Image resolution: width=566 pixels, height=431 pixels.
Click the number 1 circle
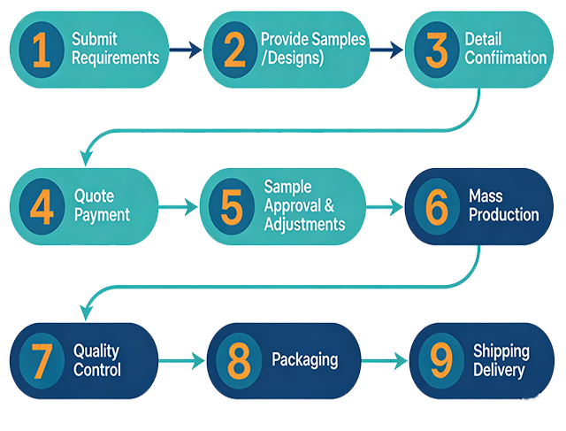click(41, 50)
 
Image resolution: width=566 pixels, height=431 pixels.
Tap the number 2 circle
click(234, 50)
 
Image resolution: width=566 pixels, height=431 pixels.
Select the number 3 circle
click(437, 50)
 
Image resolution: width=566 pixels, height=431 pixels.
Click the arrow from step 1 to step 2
click(185, 50)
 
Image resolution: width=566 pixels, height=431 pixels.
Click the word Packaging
click(304, 360)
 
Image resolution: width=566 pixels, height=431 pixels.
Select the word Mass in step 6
click(486, 196)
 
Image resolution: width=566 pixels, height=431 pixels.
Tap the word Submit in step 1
click(95, 39)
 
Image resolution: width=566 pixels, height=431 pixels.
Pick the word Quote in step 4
click(94, 196)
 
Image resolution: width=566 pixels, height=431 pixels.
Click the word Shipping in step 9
click(501, 350)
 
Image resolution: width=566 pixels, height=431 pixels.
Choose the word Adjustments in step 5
click(305, 224)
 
